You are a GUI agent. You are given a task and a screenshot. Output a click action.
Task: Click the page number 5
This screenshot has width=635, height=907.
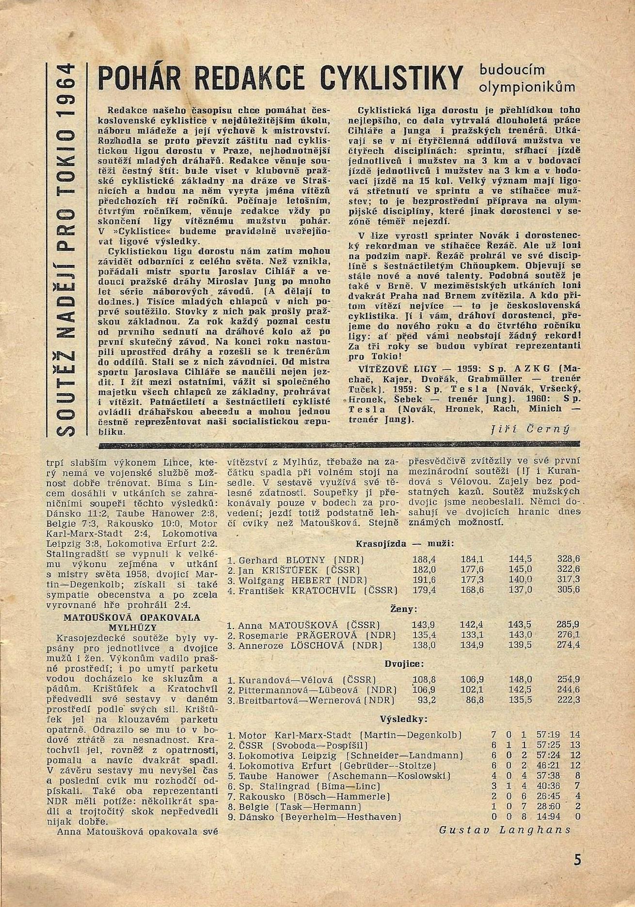tap(577, 860)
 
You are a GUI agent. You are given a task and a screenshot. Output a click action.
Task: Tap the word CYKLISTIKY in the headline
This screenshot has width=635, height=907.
tap(393, 77)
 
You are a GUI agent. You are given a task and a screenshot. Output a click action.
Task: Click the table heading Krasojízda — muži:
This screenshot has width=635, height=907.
tap(405, 543)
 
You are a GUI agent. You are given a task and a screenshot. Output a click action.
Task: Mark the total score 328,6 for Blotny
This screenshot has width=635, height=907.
tap(569, 559)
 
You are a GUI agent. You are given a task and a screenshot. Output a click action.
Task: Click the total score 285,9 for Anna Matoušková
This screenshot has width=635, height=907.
tap(569, 625)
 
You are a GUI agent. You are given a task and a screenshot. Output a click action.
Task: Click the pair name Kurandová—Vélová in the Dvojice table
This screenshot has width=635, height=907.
tap(286, 679)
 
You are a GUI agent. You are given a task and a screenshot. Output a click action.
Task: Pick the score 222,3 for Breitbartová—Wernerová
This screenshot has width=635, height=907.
tap(569, 700)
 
